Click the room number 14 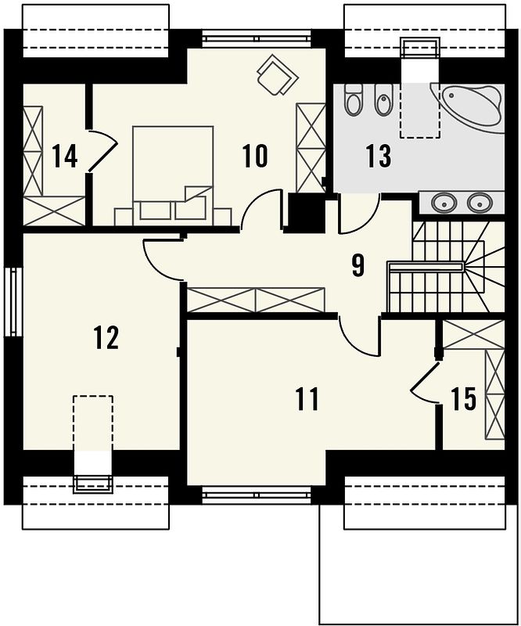coord(65,156)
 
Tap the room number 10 coord(255,156)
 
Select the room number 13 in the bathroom coord(379,156)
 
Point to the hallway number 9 coord(358,265)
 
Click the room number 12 coord(106,337)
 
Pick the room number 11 coord(307,398)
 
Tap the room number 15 coord(464,398)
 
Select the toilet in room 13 coord(353,100)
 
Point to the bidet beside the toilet coord(383,100)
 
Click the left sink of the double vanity coord(443,203)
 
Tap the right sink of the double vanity coord(479,203)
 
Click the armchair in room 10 coord(278,75)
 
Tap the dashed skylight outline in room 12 coord(93,423)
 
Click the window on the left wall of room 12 coord(13,302)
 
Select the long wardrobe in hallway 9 coord(256,300)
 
